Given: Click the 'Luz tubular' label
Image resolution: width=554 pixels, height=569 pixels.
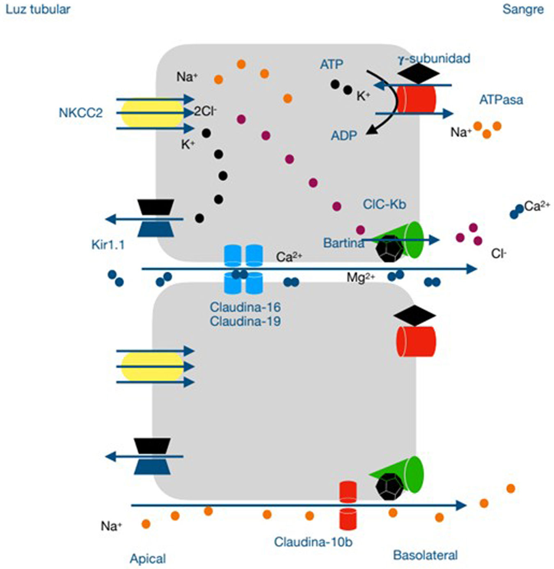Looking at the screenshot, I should (x=38, y=9).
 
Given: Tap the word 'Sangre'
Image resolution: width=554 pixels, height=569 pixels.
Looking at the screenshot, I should (x=523, y=9).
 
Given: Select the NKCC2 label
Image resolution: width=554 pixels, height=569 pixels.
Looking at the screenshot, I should (x=80, y=113).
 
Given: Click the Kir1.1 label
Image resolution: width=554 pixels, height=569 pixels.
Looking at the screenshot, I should (x=108, y=245).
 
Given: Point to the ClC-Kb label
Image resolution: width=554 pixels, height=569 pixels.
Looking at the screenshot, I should (x=385, y=204).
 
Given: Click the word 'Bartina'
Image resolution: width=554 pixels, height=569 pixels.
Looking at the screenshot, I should (x=343, y=243).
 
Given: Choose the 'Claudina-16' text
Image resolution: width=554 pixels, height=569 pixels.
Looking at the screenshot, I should (x=245, y=307).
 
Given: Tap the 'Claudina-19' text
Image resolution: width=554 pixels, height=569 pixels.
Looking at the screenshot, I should (x=245, y=321).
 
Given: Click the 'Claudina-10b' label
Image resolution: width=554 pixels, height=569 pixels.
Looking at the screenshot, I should (x=313, y=542).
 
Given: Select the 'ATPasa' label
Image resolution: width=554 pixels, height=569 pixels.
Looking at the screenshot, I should (x=501, y=100).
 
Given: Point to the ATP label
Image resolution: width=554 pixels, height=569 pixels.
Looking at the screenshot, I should (x=332, y=64).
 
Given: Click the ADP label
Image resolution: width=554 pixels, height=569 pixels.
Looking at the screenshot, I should (x=344, y=135).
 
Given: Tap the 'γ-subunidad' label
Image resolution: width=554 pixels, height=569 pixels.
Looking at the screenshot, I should (x=434, y=58).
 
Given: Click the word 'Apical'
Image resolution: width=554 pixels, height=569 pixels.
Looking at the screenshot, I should (x=148, y=559).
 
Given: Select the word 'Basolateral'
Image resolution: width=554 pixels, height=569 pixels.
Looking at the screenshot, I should (x=425, y=555).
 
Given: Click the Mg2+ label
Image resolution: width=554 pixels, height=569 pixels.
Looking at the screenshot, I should (x=361, y=278).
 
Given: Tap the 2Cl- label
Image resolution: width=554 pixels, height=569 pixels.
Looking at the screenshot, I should (x=205, y=111).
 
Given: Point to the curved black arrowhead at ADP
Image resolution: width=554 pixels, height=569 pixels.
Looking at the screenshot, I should (x=371, y=130).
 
